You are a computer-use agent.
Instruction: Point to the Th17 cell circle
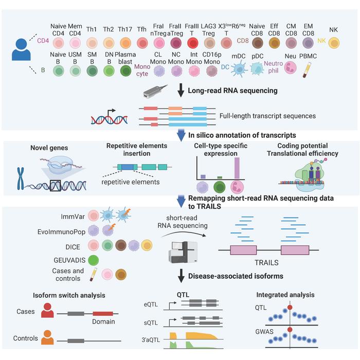(x=125, y=42)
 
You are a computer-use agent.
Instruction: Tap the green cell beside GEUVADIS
(x=94, y=259)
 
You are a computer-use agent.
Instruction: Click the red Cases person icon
(x=47, y=311)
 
